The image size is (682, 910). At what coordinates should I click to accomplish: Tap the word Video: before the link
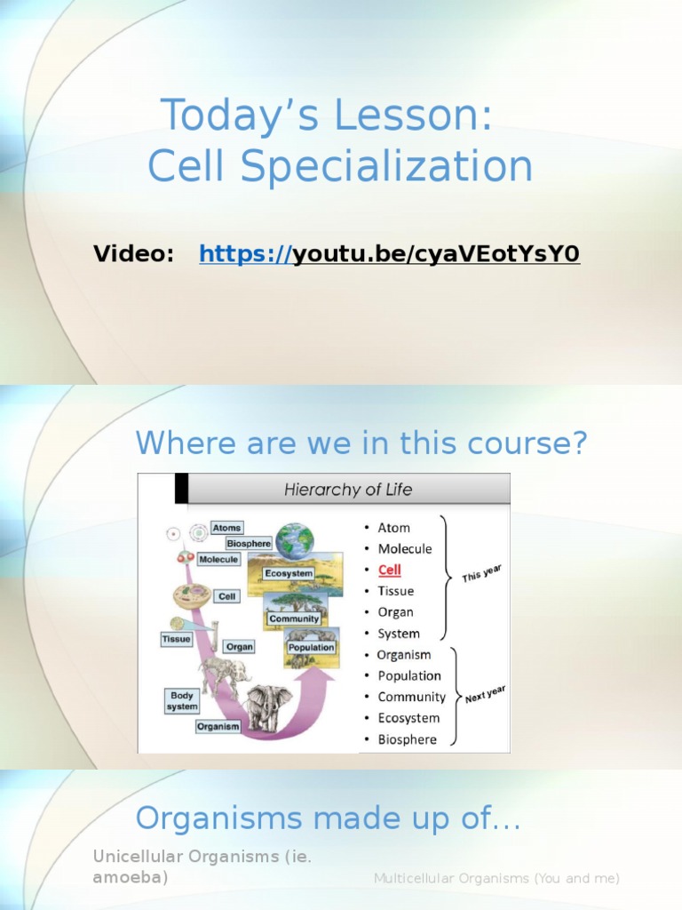pos(134,255)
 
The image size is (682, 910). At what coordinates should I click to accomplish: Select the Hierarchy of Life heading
pos(348,490)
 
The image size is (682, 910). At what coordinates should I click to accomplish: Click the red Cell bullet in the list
pos(390,570)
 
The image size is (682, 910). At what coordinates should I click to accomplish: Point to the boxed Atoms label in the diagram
pos(227,528)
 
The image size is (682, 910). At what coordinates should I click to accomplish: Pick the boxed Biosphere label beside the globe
pos(249,543)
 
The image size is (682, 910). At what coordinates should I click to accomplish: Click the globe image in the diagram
pos(294,540)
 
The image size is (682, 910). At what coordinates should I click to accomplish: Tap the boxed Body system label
pos(182,700)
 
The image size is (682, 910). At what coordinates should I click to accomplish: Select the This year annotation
pos(482,573)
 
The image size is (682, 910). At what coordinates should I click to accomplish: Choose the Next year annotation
pos(485,694)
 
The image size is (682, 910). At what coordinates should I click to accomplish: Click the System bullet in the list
pos(399,634)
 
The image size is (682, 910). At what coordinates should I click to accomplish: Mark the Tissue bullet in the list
pos(395,591)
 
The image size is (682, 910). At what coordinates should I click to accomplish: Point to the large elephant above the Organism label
pos(267,707)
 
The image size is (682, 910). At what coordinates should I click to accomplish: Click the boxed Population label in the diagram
pos(311,648)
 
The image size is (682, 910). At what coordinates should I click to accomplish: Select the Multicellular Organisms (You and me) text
pos(496,878)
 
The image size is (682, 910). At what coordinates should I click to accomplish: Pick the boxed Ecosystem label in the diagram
pos(289,574)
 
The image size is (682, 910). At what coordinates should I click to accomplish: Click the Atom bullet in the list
pos(393,527)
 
